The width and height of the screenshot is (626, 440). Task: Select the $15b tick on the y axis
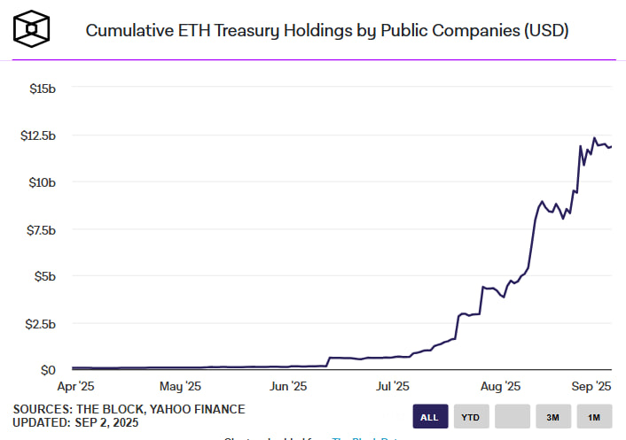click(x=43, y=89)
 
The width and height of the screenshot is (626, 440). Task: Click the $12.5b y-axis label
click(x=38, y=135)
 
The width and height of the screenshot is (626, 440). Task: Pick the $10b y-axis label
click(x=43, y=182)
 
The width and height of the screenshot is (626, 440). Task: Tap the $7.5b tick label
click(x=41, y=229)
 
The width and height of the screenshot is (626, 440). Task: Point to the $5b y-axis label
click(x=45, y=276)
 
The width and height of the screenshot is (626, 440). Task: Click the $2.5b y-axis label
click(x=41, y=323)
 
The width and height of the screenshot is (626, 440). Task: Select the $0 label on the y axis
click(x=50, y=370)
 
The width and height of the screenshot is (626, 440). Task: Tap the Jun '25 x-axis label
click(x=287, y=386)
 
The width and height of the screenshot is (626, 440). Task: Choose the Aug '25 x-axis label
click(x=501, y=386)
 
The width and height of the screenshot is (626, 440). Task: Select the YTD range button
click(x=472, y=416)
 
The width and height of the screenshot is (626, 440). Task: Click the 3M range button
click(x=552, y=416)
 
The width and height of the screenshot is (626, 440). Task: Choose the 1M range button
click(x=594, y=416)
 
